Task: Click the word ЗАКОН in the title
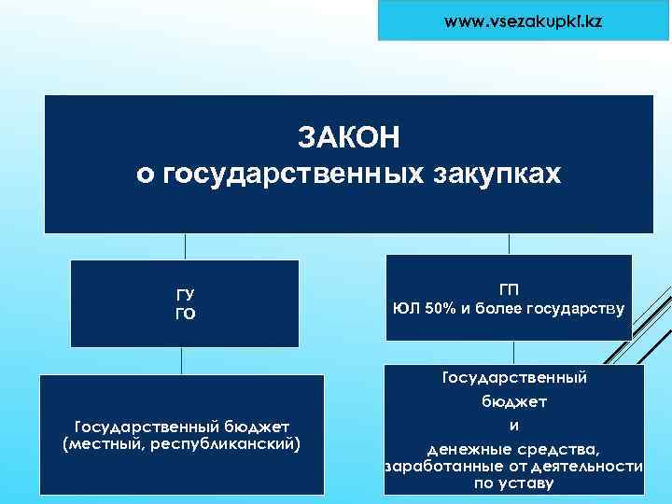click(x=348, y=137)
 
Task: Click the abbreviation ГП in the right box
click(x=510, y=289)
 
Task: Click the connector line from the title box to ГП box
click(x=509, y=244)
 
